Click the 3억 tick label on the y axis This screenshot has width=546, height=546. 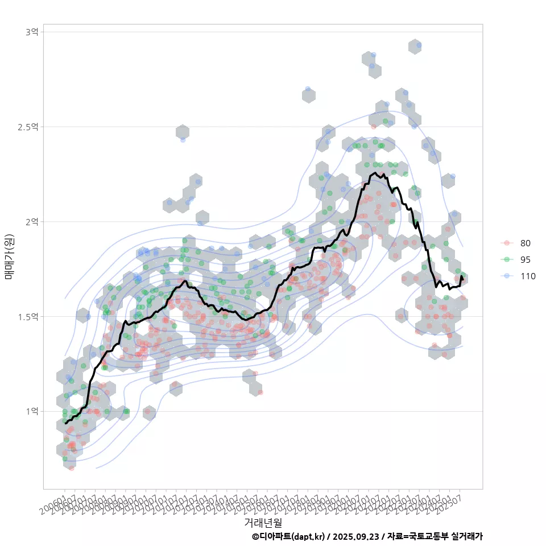32,32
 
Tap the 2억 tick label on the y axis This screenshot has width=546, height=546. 32,221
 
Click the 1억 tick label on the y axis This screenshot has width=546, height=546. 32,411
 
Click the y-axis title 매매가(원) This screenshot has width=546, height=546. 9,257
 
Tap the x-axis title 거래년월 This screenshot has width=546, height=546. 263,522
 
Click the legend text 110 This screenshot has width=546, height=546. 527,276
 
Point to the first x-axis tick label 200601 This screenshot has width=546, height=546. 54,500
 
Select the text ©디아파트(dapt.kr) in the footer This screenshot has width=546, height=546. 288,536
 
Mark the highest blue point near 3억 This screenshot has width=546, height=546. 419,45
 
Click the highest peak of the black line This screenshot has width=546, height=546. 375,173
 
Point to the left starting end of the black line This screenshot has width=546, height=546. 65,423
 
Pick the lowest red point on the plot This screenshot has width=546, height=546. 71,468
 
